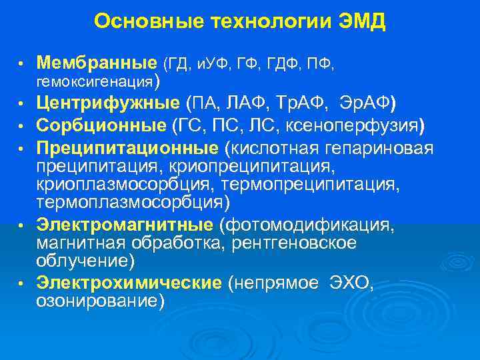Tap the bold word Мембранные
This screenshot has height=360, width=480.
point(97,63)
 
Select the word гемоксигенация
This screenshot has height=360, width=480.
point(94,82)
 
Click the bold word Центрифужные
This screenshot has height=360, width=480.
point(107,103)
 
